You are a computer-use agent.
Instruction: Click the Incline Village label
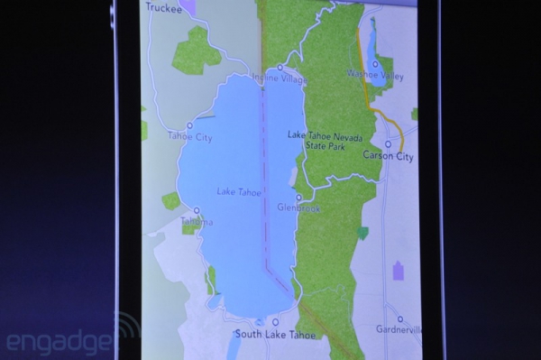[280, 78]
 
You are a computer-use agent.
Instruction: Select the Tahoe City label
[189, 136]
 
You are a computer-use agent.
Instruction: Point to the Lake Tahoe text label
[238, 191]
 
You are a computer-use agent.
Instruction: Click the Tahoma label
[197, 222]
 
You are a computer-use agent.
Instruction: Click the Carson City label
[388, 156]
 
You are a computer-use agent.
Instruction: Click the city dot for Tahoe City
[189, 125]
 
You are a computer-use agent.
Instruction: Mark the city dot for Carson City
[388, 143]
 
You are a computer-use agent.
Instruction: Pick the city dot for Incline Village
[280, 68]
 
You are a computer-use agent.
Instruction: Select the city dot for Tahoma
[196, 211]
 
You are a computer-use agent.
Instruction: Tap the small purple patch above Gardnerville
[397, 271]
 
